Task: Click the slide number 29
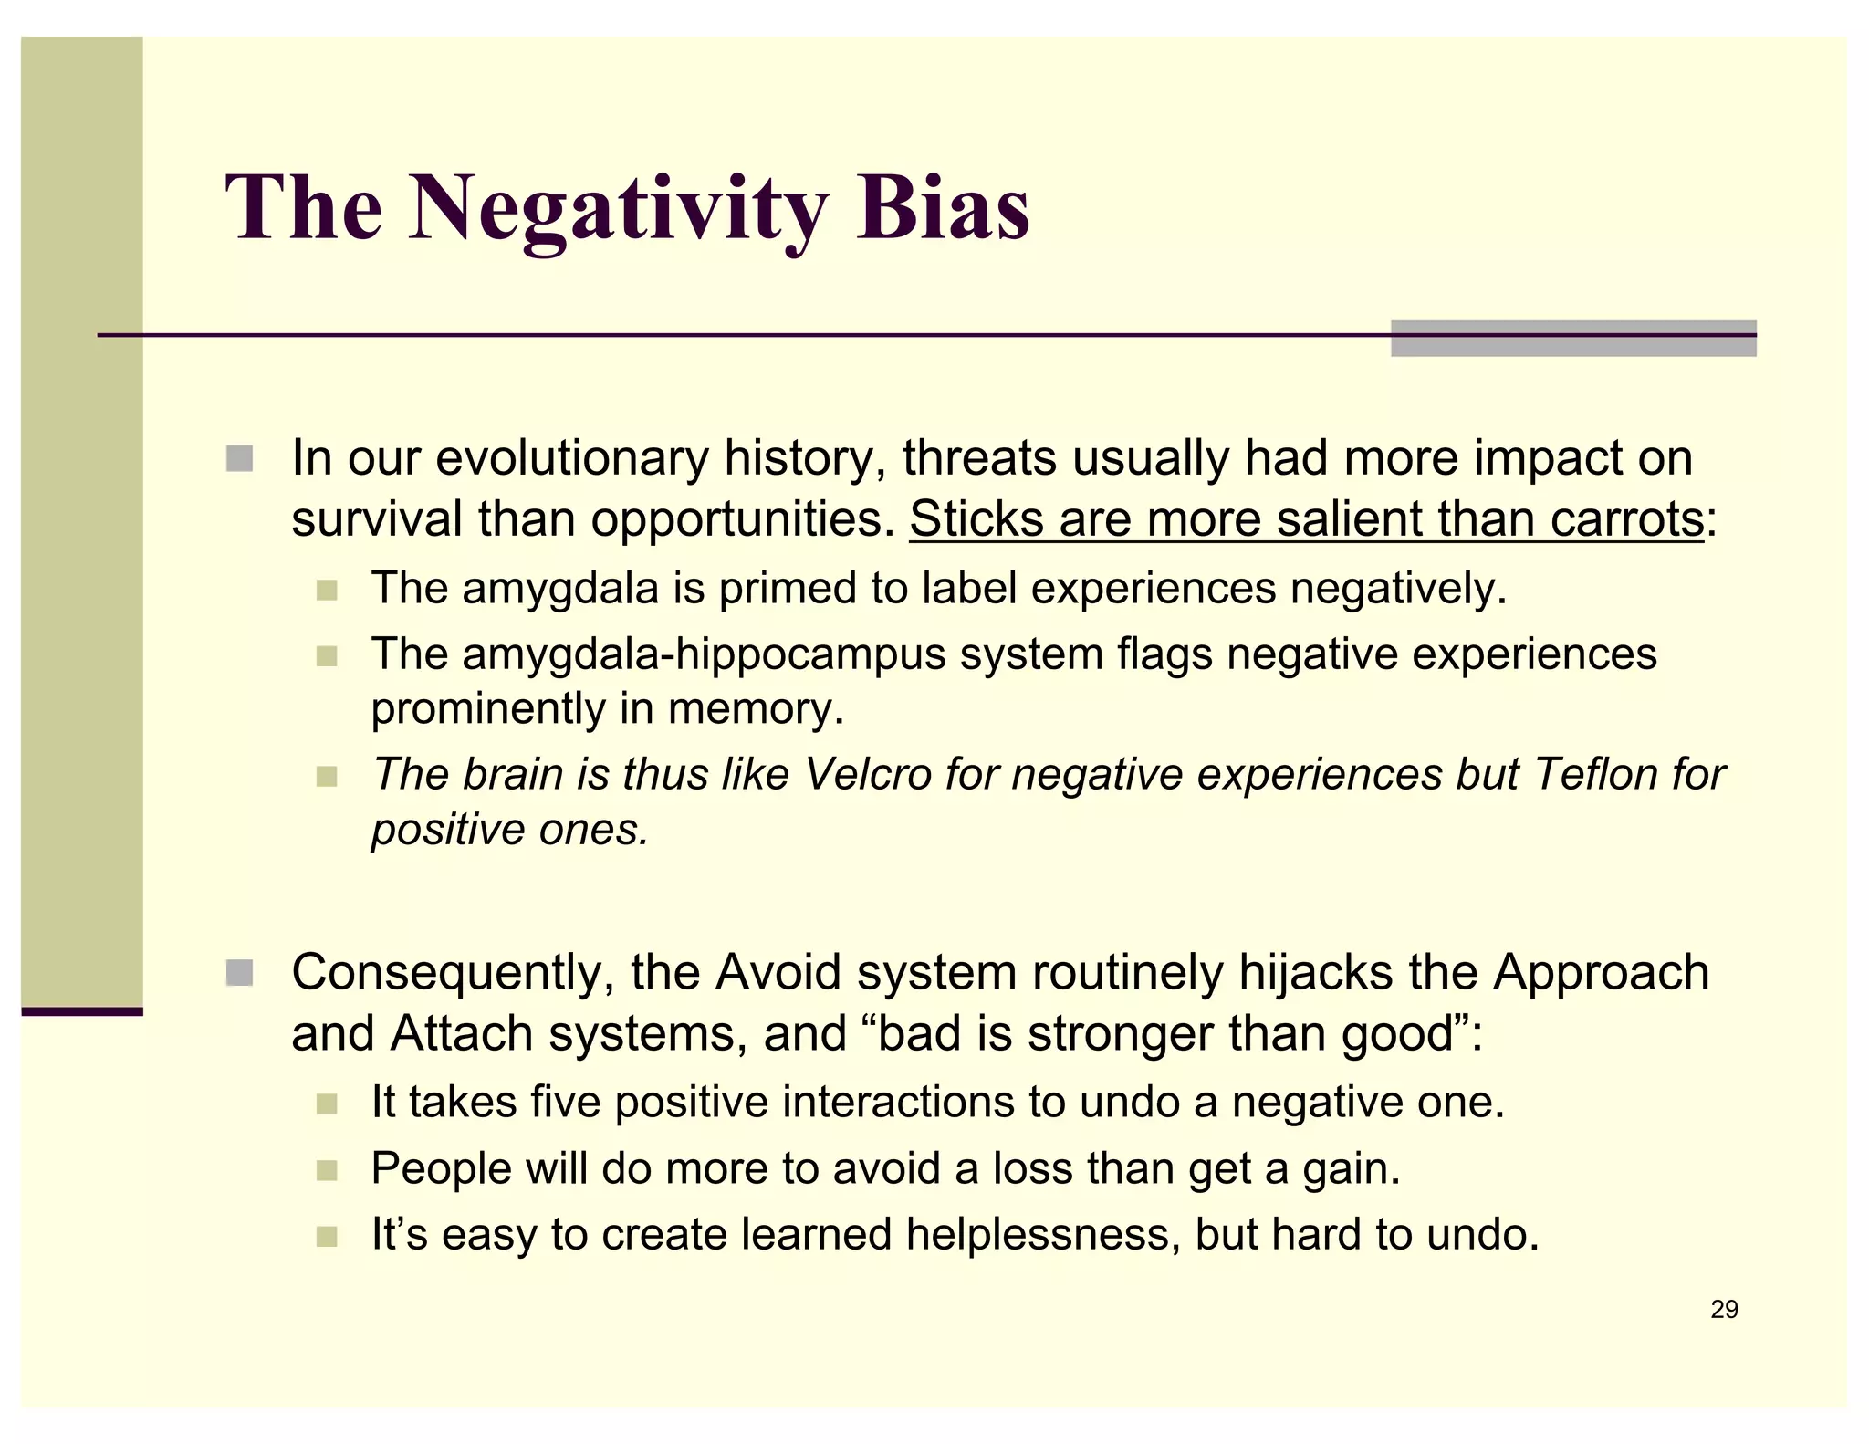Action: (x=1724, y=1310)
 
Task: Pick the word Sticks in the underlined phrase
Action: (x=976, y=519)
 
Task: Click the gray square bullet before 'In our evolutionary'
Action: (x=239, y=458)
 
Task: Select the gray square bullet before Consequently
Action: (x=239, y=973)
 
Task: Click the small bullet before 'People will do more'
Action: (x=327, y=1170)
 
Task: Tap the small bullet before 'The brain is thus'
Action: (x=327, y=777)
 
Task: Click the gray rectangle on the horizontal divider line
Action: (x=1573, y=339)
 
